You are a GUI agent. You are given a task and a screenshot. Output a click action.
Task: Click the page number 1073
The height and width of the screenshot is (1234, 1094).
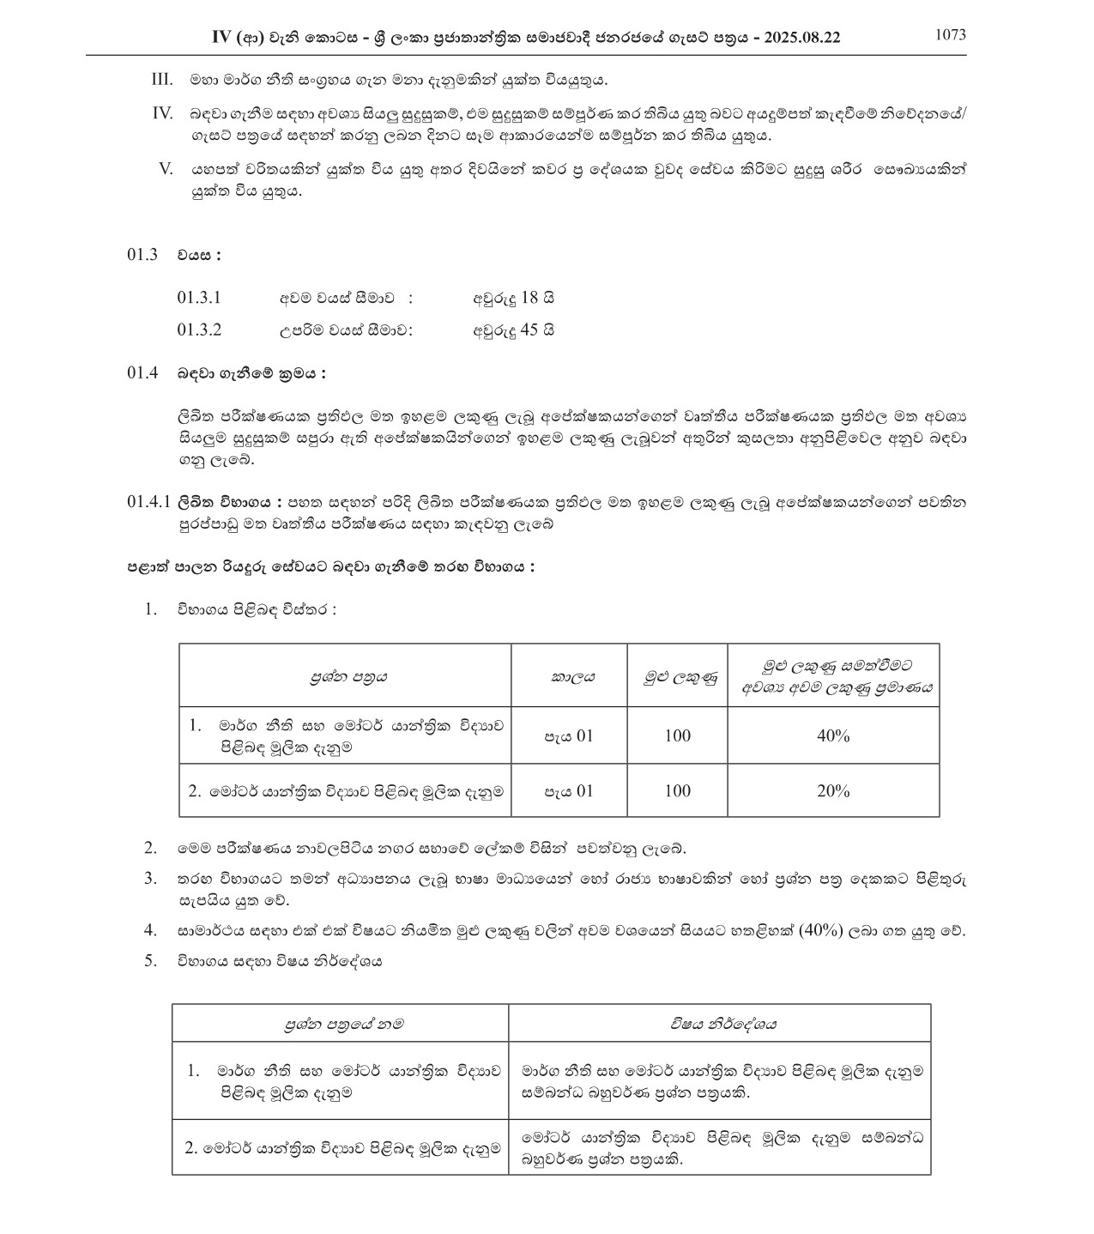pos(950,34)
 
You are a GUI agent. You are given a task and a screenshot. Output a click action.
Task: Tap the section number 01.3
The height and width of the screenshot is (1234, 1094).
pos(142,255)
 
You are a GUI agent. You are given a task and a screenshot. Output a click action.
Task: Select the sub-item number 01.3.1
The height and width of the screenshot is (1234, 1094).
pos(199,298)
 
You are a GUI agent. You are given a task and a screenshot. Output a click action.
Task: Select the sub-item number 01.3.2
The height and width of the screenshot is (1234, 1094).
pos(199,330)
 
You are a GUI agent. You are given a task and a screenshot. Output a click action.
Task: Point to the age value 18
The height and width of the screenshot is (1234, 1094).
pos(529,298)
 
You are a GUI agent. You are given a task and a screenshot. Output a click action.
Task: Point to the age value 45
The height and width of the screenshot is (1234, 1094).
pos(529,330)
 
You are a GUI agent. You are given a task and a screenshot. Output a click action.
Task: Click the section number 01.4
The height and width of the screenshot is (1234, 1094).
pos(142,373)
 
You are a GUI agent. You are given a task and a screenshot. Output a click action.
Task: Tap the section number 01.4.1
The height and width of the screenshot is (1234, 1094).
pos(148,501)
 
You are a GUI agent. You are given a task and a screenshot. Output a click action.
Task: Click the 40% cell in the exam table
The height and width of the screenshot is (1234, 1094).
pos(833,735)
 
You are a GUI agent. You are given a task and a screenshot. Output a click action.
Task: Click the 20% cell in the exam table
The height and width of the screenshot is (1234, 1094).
pos(833,790)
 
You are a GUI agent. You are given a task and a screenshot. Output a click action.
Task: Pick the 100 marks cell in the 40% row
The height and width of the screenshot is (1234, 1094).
pos(677,735)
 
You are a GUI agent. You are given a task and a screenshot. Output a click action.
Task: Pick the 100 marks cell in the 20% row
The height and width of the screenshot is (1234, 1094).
pos(677,790)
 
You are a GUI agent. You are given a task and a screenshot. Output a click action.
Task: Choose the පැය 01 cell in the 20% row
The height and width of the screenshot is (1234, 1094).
pos(569,790)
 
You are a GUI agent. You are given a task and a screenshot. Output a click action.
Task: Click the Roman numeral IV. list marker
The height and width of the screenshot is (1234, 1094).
pos(162,113)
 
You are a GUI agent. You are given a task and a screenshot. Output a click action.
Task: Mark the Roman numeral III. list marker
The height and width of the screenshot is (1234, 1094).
pos(162,80)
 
